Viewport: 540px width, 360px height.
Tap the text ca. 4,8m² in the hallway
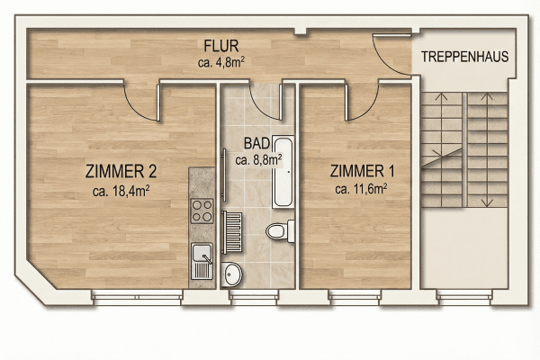pyautogui.click(x=221, y=63)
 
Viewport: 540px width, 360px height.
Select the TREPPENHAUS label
pyautogui.click(x=464, y=56)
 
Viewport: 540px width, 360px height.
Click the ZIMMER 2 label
pyautogui.click(x=120, y=172)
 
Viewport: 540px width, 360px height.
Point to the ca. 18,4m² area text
pyautogui.click(x=120, y=190)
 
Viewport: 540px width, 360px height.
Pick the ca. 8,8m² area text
pyautogui.click(x=258, y=159)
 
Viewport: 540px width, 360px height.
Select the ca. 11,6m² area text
pyautogui.click(x=360, y=189)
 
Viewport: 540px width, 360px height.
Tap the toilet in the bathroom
pyautogui.click(x=279, y=230)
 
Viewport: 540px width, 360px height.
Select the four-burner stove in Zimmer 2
pyautogui.click(x=201, y=213)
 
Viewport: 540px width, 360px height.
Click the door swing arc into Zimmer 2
pyautogui.click(x=142, y=104)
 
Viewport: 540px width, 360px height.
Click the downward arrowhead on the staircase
pyautogui.click(x=487, y=202)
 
